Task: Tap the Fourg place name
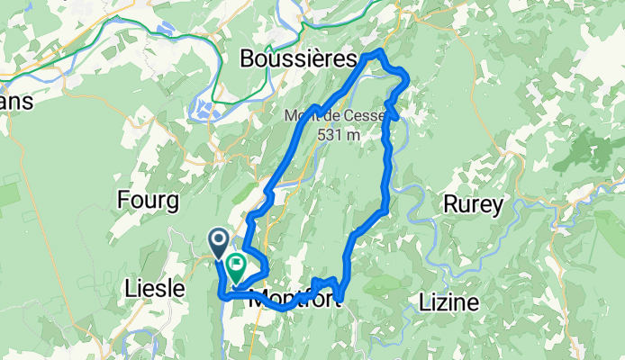[x=149, y=201]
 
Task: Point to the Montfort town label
[x=293, y=301]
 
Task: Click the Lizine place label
[x=448, y=301]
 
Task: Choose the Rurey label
[x=473, y=204]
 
